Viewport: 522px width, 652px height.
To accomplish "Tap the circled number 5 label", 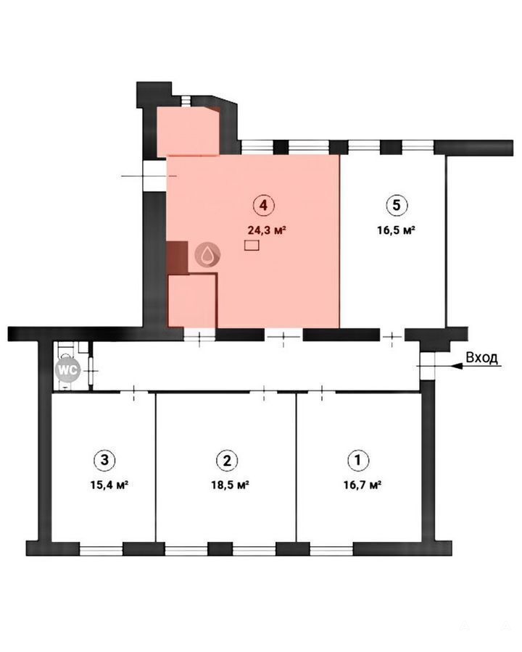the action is (x=397, y=205).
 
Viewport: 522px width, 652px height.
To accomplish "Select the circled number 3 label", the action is (x=104, y=460).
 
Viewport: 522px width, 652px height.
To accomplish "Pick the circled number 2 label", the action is (x=227, y=460).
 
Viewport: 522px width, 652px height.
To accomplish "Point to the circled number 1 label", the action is (x=358, y=460).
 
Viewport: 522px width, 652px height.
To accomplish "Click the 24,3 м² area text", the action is (x=266, y=230).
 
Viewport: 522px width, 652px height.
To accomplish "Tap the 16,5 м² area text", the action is (x=397, y=230).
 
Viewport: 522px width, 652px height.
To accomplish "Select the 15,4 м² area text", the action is (x=109, y=485).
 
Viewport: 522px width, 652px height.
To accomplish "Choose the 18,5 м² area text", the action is (x=231, y=485).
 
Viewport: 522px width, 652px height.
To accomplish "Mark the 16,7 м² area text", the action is (x=362, y=485).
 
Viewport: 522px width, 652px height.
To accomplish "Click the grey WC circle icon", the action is (x=68, y=369).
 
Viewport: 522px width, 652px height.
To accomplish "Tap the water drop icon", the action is (x=208, y=254).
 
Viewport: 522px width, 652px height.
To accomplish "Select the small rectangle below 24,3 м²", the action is (x=252, y=246).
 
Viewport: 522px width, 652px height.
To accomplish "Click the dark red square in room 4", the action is (x=177, y=257).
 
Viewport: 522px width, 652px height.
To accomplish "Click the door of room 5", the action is (x=392, y=335).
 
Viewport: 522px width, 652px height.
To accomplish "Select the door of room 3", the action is (x=134, y=392).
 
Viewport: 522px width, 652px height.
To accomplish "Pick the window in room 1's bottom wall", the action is (x=331, y=551).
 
